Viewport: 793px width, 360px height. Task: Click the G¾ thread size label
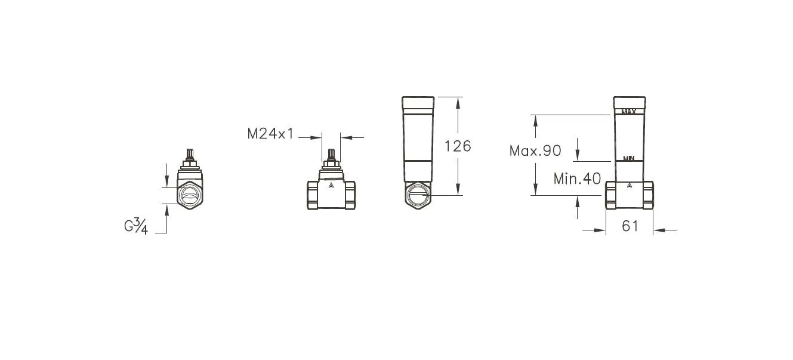(135, 227)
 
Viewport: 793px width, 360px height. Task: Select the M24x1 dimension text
(270, 134)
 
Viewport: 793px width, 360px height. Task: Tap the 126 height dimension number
(457, 146)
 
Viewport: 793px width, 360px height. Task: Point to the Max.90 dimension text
(535, 151)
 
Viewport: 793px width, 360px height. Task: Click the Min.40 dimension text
(576, 179)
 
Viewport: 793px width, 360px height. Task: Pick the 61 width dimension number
(630, 226)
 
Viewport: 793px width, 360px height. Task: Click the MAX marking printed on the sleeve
(629, 111)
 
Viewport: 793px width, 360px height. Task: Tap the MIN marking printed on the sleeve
(628, 158)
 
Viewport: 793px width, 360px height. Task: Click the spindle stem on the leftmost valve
(191, 153)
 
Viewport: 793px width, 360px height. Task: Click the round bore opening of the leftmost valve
(191, 196)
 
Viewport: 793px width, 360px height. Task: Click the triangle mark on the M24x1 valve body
(331, 186)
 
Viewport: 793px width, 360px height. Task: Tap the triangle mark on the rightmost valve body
(629, 186)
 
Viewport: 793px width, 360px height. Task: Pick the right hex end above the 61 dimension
(647, 195)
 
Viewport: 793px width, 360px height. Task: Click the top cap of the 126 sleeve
(418, 104)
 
